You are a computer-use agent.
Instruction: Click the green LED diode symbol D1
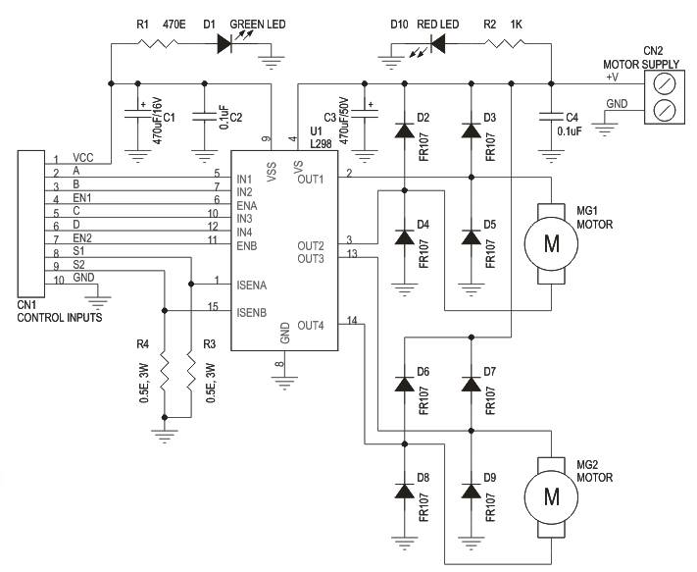[x=224, y=43]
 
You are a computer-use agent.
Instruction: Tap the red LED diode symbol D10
[x=438, y=43]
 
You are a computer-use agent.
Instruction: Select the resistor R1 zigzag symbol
[x=158, y=43]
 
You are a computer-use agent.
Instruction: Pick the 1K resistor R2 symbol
[x=505, y=43]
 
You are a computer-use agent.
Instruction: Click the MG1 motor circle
[x=551, y=243]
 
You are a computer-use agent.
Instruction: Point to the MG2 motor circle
[x=551, y=497]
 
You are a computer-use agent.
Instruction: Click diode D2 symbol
[x=404, y=130]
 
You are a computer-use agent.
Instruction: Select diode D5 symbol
[x=472, y=237]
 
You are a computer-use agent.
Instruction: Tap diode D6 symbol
[x=404, y=384]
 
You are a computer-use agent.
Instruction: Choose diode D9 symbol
[x=472, y=491]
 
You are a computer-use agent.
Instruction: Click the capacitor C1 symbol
[x=138, y=114]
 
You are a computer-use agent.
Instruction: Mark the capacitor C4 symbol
[x=551, y=117]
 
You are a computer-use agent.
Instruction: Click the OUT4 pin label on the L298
[x=311, y=326]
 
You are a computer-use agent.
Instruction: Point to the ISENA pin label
[x=252, y=286]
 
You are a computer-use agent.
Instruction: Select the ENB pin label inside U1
[x=247, y=245]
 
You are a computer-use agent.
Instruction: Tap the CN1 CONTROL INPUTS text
[x=60, y=311]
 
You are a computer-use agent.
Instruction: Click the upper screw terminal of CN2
[x=666, y=82]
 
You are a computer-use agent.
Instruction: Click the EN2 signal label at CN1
[x=82, y=238]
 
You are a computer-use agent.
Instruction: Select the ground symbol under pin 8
[x=284, y=383]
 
